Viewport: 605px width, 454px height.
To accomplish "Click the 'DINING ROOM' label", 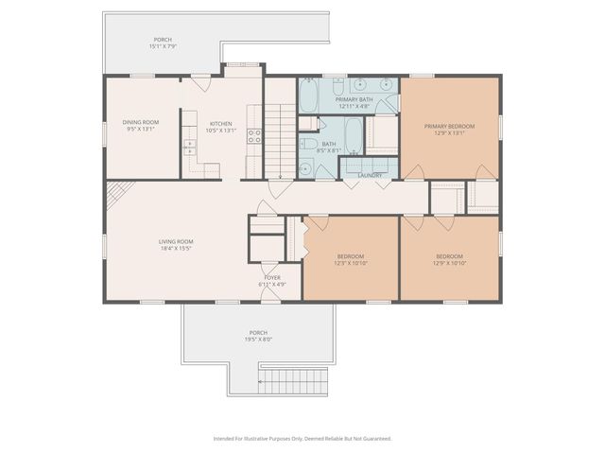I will [x=141, y=122].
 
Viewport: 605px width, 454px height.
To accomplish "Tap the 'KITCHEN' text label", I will [x=220, y=123].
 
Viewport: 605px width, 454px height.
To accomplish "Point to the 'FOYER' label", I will [x=271, y=278].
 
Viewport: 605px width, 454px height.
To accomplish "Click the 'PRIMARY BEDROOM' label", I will [x=449, y=126].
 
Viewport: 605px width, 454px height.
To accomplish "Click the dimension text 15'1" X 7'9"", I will [x=164, y=46].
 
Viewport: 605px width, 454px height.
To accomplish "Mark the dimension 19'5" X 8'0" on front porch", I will [x=258, y=339].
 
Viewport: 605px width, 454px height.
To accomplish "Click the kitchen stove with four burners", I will [x=253, y=135].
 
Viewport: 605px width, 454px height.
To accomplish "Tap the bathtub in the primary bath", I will [x=310, y=96].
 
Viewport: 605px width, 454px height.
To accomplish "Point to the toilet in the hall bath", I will [x=307, y=168].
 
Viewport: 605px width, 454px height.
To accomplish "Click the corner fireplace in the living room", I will [x=114, y=193].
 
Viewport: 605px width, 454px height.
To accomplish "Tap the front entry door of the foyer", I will [x=270, y=298].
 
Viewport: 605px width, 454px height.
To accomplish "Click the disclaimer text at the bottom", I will [x=302, y=439].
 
